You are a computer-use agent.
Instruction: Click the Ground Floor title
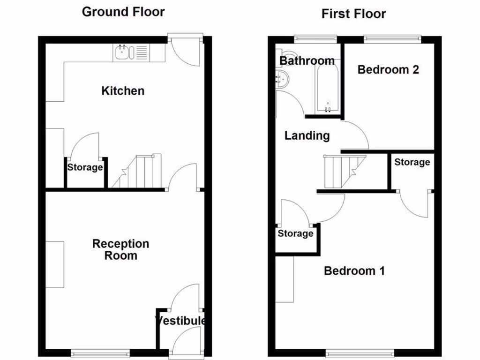point(123,12)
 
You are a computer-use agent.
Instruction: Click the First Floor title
point(353,14)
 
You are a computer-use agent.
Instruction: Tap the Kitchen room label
point(123,90)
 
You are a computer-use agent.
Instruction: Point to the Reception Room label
point(120,249)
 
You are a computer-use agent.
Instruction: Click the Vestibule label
point(180,321)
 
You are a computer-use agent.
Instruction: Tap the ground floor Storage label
point(85,167)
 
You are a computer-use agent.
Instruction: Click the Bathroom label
point(307,61)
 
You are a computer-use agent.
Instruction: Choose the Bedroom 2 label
point(388,70)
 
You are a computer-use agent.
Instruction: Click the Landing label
point(307,136)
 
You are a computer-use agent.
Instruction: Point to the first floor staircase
point(342,172)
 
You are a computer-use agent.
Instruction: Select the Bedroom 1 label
point(354,270)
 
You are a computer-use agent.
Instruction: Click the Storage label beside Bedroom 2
point(412,162)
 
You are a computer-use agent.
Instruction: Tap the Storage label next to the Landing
point(295,233)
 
